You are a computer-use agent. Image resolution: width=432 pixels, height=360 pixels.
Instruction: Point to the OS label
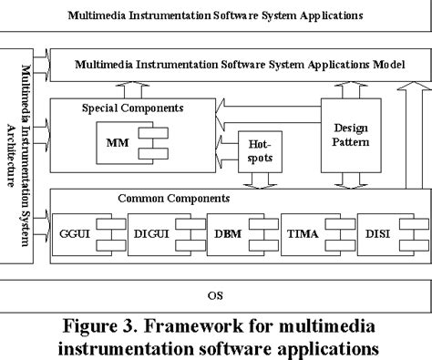[x=215, y=295]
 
